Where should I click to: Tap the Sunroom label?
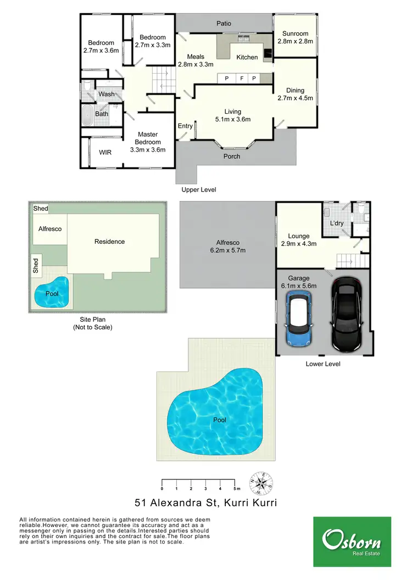pos(296,33)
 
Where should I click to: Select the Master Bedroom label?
pos(148,135)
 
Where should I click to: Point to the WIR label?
pos(105,152)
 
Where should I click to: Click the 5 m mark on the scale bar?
pos(235,488)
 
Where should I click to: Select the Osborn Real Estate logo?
pos(352,541)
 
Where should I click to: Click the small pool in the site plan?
pos(52,293)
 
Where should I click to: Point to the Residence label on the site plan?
pos(109,242)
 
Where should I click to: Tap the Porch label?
pos(232,156)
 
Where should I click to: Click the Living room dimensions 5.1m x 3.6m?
pos(233,119)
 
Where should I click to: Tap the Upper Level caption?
pos(199,189)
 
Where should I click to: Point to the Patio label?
pos(224,24)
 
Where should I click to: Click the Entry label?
pos(185,126)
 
